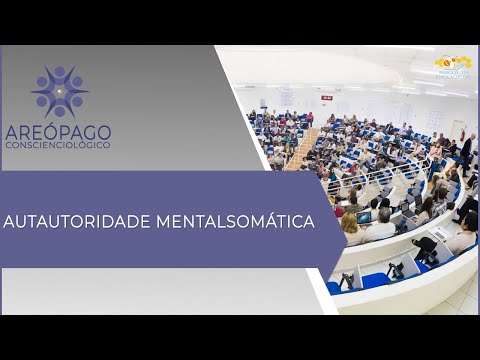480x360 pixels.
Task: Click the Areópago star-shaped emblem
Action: (60, 92)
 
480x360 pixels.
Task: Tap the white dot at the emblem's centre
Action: (60, 92)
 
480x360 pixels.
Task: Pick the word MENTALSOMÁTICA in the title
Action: (237, 219)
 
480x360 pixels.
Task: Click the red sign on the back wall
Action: (327, 97)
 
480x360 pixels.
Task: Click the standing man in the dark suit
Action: (465, 151)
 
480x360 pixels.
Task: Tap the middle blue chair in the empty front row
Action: (375, 279)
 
